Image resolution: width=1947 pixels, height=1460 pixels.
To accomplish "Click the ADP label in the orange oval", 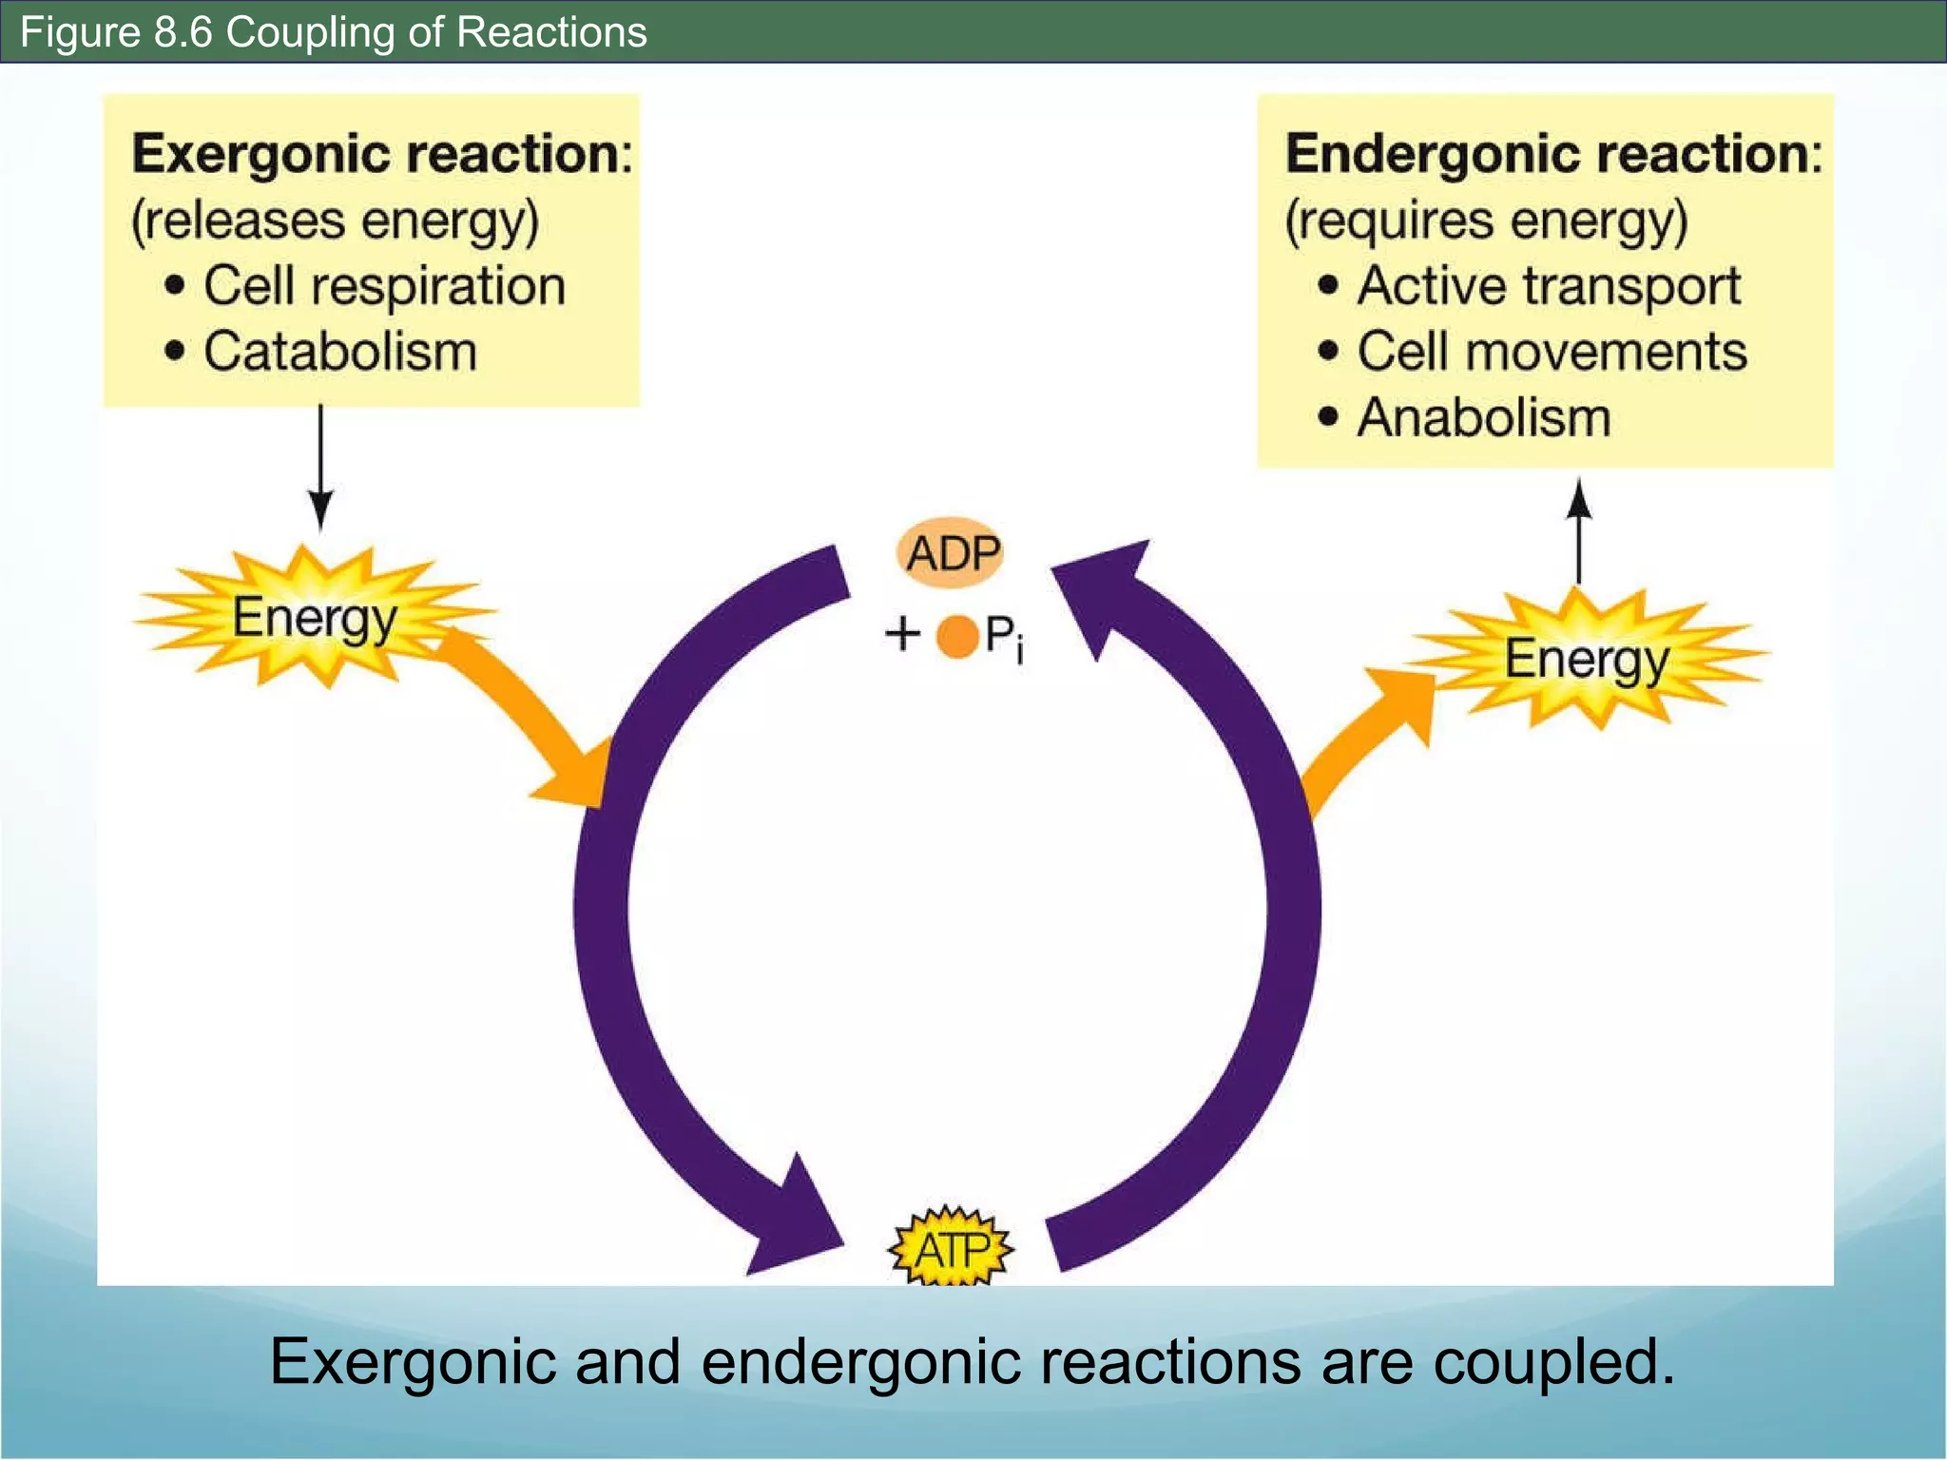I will [951, 552].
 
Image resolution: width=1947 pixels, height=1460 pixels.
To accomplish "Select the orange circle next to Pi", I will [957, 636].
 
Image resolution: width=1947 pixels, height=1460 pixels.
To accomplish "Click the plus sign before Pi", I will [902, 633].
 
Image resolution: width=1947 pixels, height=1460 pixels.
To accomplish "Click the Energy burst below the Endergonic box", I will [1586, 658].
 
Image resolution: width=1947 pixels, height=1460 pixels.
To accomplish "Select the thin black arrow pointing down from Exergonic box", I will [320, 466].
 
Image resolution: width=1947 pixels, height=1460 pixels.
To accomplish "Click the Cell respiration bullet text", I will [384, 285].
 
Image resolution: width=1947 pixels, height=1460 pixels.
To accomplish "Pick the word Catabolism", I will [339, 351].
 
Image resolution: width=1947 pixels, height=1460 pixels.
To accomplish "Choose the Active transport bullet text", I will [1548, 285].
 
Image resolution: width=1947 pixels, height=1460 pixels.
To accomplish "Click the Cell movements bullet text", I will [1552, 351].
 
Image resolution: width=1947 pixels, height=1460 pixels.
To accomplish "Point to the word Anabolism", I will [1483, 416].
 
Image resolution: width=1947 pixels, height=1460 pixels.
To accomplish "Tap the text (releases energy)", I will [335, 221].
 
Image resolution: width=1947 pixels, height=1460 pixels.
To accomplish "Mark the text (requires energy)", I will [1486, 221].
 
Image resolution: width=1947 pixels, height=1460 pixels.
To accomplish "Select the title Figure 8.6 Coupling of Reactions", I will [333, 31].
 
